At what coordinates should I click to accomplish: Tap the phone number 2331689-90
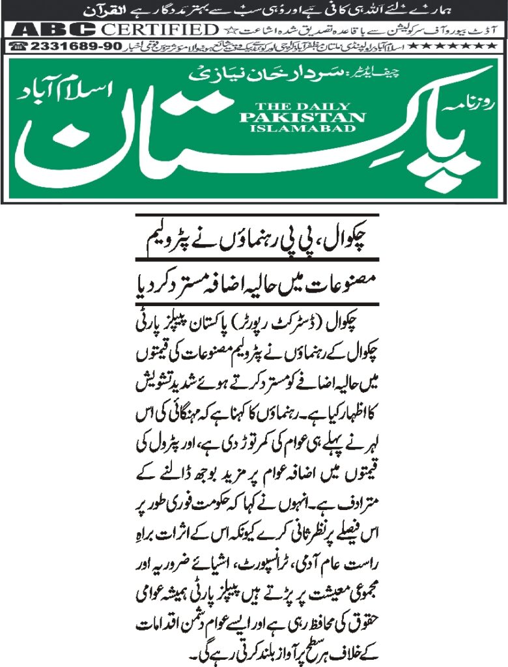[x=61, y=46]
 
